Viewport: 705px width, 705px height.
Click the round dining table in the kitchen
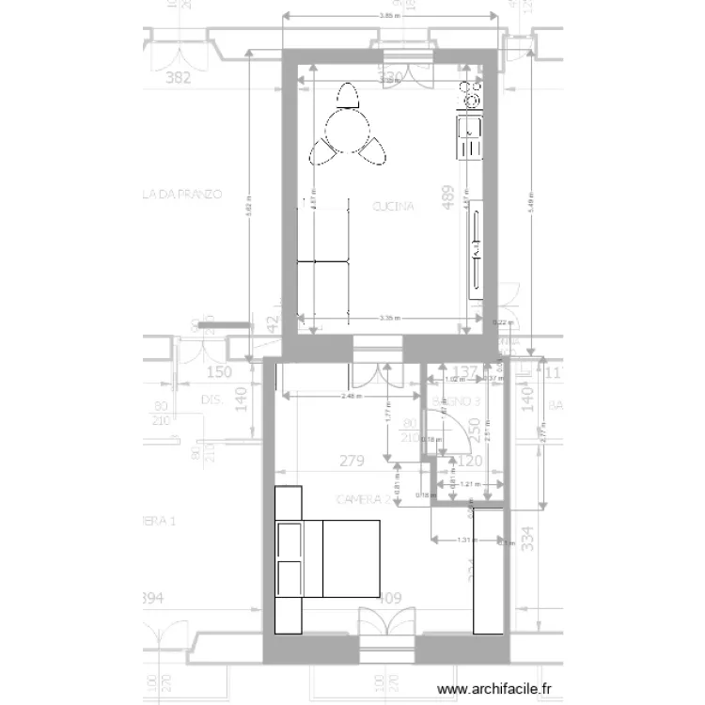(x=349, y=130)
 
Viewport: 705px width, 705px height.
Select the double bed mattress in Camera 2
(x=350, y=558)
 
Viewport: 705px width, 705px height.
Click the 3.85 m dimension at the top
(x=386, y=16)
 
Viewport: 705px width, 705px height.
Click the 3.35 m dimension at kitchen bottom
(x=388, y=319)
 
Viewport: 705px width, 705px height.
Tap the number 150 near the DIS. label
(x=218, y=372)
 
